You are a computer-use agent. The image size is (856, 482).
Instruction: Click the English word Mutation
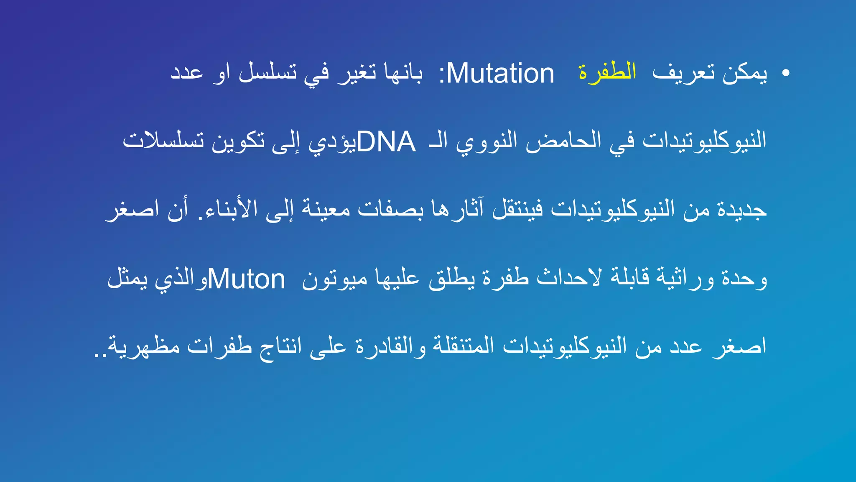pyautogui.click(x=500, y=74)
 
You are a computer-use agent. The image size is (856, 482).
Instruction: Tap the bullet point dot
pyautogui.click(x=786, y=73)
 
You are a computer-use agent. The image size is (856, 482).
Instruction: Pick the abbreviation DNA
pyautogui.click(x=386, y=142)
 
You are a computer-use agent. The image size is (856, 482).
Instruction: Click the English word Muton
pyautogui.click(x=246, y=279)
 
